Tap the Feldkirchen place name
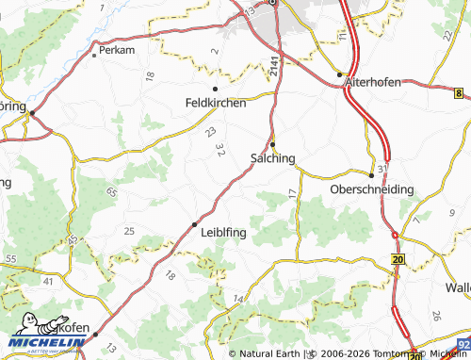[215, 102]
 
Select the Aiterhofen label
[373, 82]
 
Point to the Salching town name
[273, 158]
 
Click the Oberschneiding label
[372, 189]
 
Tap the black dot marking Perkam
[95, 55]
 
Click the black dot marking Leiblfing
[195, 224]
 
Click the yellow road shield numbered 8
[459, 93]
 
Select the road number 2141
[273, 65]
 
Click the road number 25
[129, 231]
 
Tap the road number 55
[11, 258]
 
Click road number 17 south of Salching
[292, 192]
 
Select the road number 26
[436, 316]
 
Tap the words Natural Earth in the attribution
[270, 354]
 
